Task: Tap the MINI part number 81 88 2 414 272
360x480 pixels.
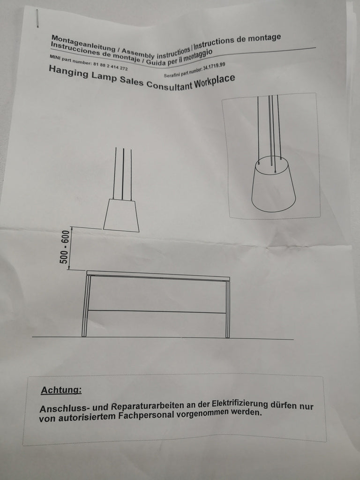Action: (111, 65)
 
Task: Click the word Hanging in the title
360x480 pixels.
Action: (68, 72)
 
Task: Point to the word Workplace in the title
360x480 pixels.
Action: (215, 82)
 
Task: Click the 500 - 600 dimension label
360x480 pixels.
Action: (65, 247)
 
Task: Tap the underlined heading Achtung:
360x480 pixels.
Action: (61, 390)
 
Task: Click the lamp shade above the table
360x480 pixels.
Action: (121, 215)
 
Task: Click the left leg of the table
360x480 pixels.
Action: (86, 306)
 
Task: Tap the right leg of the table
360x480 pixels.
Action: (227, 309)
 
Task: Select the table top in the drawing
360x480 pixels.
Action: (158, 276)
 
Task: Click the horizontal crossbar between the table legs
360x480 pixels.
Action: (157, 312)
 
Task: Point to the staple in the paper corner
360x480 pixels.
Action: (37, 18)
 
